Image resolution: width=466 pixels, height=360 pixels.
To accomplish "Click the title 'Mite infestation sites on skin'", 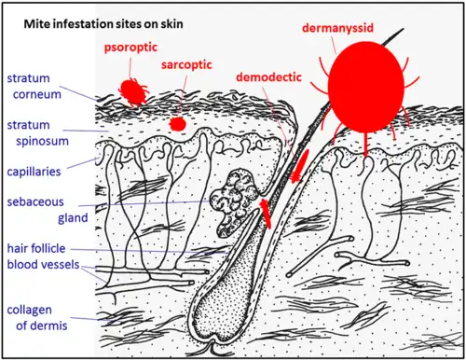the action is tap(103, 24).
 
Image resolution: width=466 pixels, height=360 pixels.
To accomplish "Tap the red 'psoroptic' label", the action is tap(130, 48).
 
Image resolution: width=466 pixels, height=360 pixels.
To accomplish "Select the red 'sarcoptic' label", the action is tap(186, 65).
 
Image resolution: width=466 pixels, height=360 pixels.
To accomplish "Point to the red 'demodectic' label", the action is tap(268, 77).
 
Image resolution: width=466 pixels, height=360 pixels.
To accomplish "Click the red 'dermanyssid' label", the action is tap(338, 28).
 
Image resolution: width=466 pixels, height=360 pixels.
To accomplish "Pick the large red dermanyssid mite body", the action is tap(366, 87).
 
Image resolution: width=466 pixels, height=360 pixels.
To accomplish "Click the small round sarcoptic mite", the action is tap(178, 124).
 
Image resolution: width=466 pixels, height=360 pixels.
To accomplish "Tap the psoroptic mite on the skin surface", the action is tap(133, 91).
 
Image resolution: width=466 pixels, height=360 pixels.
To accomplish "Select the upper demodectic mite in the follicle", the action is tap(300, 165).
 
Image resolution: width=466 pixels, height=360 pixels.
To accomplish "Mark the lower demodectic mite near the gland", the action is tap(266, 214).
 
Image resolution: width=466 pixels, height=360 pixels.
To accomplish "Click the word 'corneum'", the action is tap(37, 94).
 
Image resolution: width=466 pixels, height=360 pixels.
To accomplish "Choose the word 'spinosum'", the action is tap(42, 142).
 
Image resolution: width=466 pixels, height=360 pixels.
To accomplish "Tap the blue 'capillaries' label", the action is tap(34, 172).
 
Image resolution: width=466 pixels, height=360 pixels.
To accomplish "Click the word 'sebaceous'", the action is tap(35, 202).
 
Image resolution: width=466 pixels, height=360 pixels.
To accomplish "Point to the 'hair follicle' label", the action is tap(36, 248).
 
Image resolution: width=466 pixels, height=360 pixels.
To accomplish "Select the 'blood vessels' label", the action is tap(43, 265).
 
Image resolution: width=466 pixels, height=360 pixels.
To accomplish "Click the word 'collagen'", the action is tap(30, 311).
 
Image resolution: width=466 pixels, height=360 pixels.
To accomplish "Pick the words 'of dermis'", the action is tap(42, 325).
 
